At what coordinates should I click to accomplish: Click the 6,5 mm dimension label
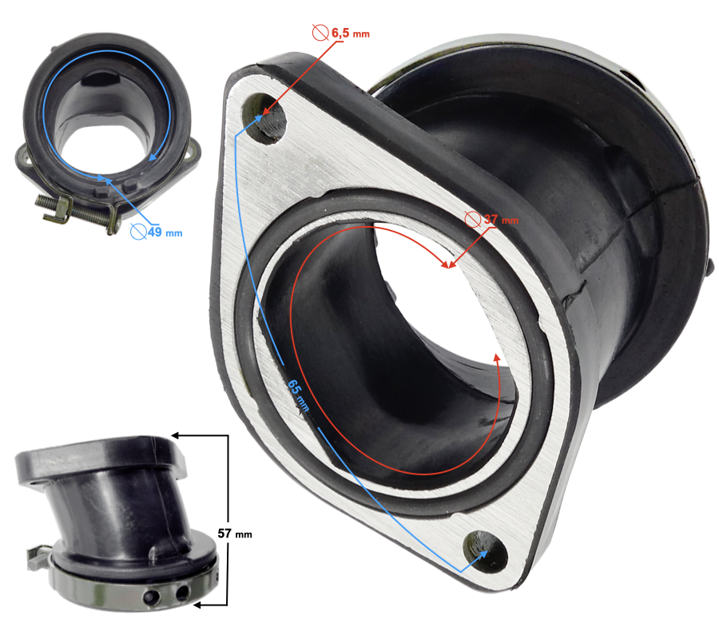click(x=351, y=33)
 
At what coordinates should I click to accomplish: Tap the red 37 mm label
click(x=501, y=220)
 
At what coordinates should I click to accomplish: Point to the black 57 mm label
click(x=235, y=534)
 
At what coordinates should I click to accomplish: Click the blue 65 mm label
click(x=298, y=395)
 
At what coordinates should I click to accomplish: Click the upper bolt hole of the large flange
click(x=266, y=118)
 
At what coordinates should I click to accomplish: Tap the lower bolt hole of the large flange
click(x=485, y=552)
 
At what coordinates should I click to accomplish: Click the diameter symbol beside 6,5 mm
click(x=320, y=33)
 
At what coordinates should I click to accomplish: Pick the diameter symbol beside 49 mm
click(x=138, y=232)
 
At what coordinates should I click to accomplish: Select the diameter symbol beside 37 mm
click(x=473, y=219)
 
